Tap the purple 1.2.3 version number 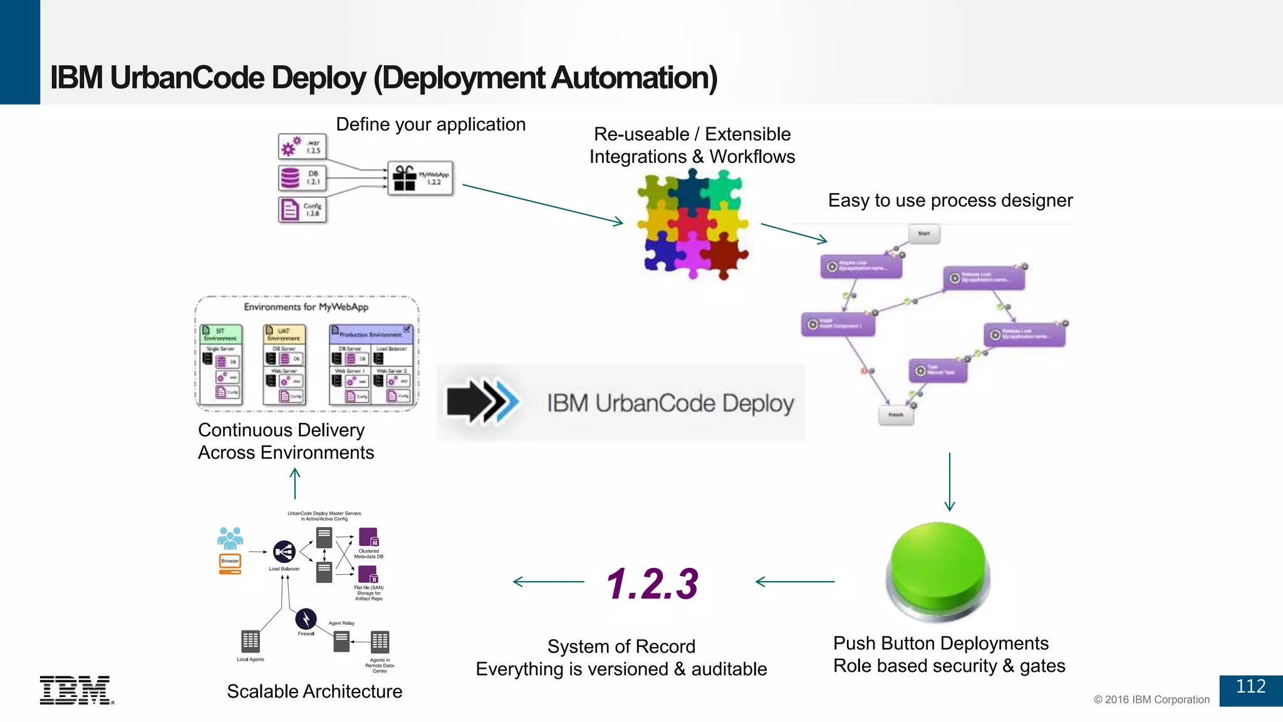click(652, 584)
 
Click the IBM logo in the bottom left click(76, 690)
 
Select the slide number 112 click(1250, 687)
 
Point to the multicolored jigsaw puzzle click(692, 226)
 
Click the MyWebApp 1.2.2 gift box click(420, 179)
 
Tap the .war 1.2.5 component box click(302, 147)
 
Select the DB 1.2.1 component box click(302, 178)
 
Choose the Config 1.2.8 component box click(302, 209)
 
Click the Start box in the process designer click(923, 234)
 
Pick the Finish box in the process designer click(896, 415)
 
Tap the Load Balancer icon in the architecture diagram click(284, 552)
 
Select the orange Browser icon click(230, 563)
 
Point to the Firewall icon click(306, 619)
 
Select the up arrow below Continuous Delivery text click(295, 484)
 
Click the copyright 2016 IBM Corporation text click(1151, 699)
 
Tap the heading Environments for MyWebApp click(306, 307)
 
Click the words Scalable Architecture click(314, 691)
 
